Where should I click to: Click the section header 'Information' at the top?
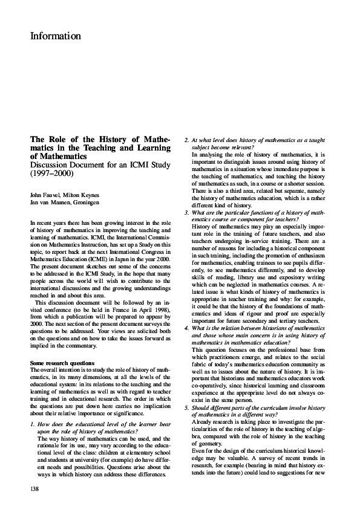pos(55,36)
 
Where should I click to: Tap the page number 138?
pos(35,486)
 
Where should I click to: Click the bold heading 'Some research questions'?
pos(62,362)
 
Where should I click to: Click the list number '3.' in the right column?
pos(186,213)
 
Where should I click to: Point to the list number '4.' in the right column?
pos(186,327)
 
